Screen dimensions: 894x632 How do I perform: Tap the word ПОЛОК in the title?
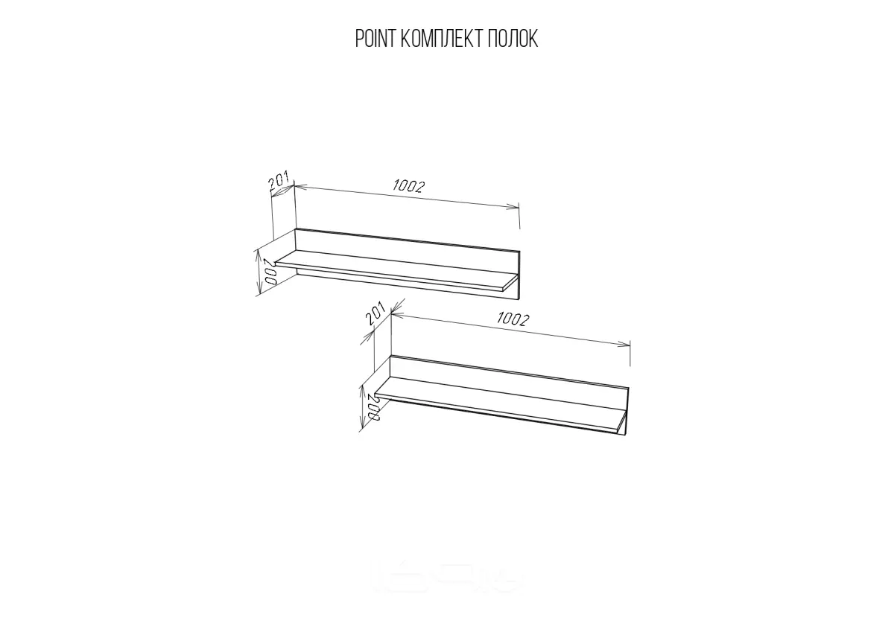tap(512, 39)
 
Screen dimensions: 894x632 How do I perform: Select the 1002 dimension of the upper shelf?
tap(409, 186)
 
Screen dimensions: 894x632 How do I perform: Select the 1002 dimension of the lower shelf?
tap(513, 319)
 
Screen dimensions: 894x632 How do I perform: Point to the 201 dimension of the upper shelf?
tap(279, 179)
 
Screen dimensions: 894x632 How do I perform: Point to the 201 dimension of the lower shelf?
tap(375, 314)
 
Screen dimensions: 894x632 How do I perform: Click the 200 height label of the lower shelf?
tap(373, 406)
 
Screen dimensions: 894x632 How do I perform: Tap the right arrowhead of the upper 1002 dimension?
tap(513, 206)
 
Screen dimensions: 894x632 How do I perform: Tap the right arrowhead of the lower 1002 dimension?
tap(624, 344)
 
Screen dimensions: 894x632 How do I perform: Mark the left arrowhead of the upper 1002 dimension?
tap(300, 186)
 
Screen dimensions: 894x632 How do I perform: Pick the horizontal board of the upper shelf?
tap(395, 270)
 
